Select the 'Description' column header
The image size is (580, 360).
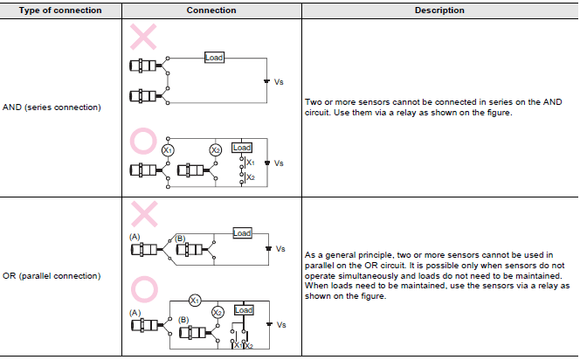(x=439, y=10)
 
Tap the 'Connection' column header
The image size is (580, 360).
(x=211, y=10)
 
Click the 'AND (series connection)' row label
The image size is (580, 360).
(x=52, y=108)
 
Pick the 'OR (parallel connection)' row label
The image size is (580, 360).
(x=52, y=276)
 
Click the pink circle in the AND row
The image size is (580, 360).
(x=143, y=140)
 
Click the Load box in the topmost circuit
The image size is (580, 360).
(x=214, y=58)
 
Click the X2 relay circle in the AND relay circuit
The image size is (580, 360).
(x=216, y=150)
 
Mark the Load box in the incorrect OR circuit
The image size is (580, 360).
(x=242, y=233)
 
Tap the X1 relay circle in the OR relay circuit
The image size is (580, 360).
(x=196, y=300)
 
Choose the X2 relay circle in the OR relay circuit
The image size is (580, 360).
(x=218, y=312)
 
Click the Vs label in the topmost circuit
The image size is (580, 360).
(x=280, y=81)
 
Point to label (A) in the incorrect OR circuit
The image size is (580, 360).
(x=135, y=236)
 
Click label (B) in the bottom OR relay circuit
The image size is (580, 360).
(x=183, y=320)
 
